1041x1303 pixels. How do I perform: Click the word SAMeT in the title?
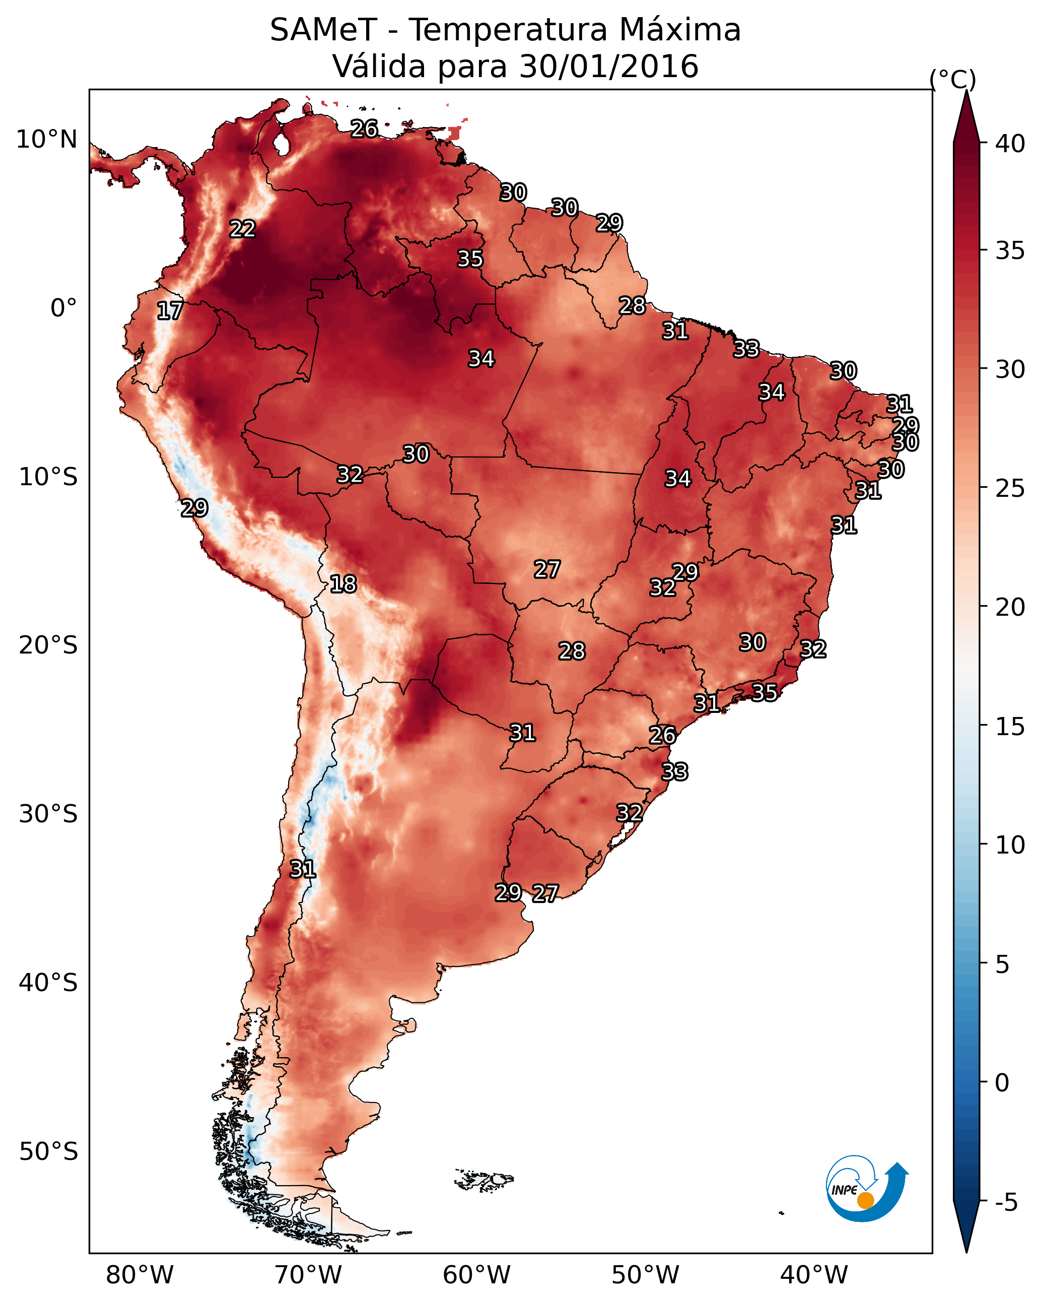pos(323,30)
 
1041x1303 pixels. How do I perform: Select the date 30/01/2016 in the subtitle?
pos(608,67)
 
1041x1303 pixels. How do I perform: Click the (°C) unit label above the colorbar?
pos(952,79)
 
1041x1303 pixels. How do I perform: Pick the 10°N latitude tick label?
pos(46,140)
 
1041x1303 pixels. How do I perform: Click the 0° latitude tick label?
pos(63,308)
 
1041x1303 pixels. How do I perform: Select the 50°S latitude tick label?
pos(48,1152)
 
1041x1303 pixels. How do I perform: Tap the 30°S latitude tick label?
pos(48,814)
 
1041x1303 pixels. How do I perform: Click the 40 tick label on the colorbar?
pos(1010,144)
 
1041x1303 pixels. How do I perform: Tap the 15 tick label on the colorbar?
pos(1010,727)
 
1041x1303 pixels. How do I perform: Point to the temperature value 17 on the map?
pos(170,311)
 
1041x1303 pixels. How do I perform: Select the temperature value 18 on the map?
pos(343,584)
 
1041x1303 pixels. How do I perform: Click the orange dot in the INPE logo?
pos(865,1200)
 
